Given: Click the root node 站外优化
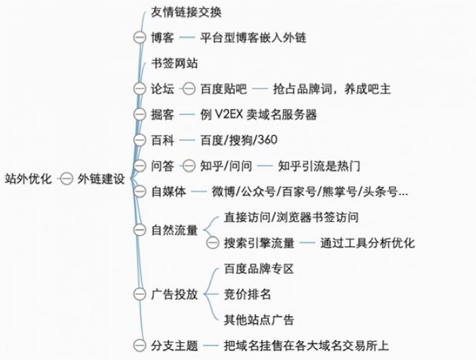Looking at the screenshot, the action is [28, 179].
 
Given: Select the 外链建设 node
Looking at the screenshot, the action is [101, 179].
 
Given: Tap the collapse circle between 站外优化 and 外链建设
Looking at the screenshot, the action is [66, 179].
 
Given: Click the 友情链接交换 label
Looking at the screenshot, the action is [186, 13].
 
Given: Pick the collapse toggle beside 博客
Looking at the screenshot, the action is [140, 38].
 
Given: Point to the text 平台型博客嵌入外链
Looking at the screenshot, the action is [253, 38].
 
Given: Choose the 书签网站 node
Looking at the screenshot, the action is [174, 63].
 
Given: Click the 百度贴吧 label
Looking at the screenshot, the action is [223, 89].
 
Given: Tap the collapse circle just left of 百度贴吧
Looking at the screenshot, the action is [189, 89].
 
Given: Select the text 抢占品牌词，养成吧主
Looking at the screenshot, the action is [332, 89].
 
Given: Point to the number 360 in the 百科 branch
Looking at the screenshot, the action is [268, 140].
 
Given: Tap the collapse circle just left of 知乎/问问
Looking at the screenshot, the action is [189, 166].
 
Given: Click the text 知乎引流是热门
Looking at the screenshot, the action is [319, 166].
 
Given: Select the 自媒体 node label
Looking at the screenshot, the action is [169, 192].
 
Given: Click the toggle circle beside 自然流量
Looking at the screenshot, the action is [140, 230].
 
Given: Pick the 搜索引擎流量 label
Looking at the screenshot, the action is [260, 242].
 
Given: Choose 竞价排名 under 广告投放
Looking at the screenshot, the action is [247, 294].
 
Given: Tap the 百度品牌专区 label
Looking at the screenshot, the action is [259, 269].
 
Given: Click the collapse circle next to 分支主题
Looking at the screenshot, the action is [140, 345].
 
